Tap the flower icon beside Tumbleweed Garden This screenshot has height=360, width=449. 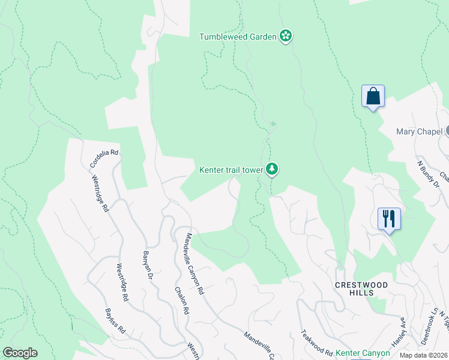(286, 37)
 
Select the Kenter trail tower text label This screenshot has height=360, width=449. (231, 170)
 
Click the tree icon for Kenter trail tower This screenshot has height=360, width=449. (273, 169)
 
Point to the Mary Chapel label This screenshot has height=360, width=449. (420, 131)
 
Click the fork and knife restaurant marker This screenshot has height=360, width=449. (389, 219)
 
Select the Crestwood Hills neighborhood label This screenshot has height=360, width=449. (361, 288)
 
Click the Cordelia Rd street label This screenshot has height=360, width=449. (104, 158)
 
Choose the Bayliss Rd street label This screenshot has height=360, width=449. (114, 321)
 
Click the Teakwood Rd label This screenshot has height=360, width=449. (316, 343)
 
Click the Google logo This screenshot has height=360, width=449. (20, 353)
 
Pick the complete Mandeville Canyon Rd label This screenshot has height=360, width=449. (195, 263)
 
